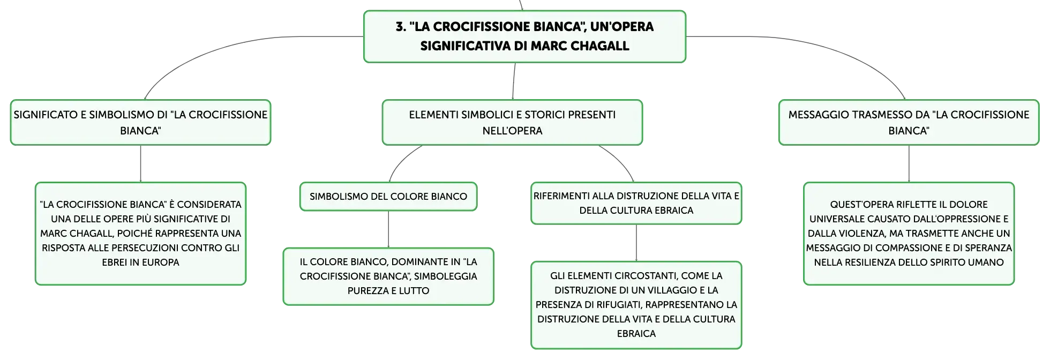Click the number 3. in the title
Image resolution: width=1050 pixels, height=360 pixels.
tap(401, 27)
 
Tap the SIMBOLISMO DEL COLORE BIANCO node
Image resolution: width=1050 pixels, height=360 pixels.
tap(388, 197)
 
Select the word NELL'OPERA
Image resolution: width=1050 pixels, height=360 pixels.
tap(512, 131)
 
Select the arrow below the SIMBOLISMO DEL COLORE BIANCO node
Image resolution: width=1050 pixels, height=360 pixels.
tap(388, 229)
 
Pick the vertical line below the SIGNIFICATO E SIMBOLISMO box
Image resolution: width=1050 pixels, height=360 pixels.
tap(140, 164)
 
